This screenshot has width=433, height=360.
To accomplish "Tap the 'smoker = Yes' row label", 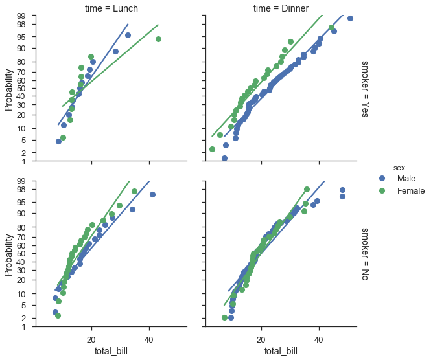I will (366, 88).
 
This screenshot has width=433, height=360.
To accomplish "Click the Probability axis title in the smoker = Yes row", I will (8, 88).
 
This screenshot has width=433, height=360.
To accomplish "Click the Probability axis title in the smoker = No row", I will (8, 254).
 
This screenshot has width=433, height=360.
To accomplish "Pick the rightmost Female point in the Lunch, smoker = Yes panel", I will (158, 39).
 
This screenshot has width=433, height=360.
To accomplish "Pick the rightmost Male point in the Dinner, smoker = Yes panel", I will (350, 18).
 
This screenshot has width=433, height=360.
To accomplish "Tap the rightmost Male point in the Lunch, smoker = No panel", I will (153, 194).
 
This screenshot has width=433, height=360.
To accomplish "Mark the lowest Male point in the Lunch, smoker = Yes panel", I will (58, 141).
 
